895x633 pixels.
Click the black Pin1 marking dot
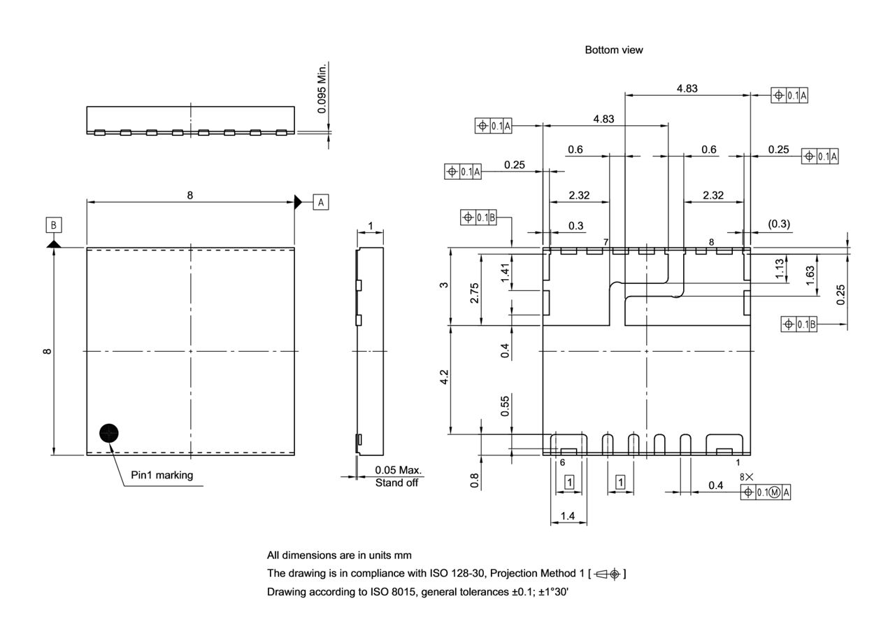tap(108, 434)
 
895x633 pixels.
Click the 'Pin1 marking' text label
tap(162, 476)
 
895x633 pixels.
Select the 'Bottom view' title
tap(613, 50)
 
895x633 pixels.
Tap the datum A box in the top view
tap(320, 202)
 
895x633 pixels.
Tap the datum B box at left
tap(54, 225)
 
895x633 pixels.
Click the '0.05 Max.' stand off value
tap(398, 471)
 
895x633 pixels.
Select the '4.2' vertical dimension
tap(443, 378)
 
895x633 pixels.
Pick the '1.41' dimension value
tap(506, 271)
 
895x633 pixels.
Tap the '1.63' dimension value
tap(809, 272)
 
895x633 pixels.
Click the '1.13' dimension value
tap(780, 268)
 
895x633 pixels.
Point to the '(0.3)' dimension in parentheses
tap(778, 225)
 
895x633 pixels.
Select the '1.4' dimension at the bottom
tap(568, 516)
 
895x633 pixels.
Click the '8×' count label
tap(747, 477)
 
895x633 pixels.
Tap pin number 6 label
tap(562, 463)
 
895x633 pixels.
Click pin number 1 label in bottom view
tap(738, 463)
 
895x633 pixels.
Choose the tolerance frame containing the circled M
tap(766, 492)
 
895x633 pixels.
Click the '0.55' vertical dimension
tap(506, 406)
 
